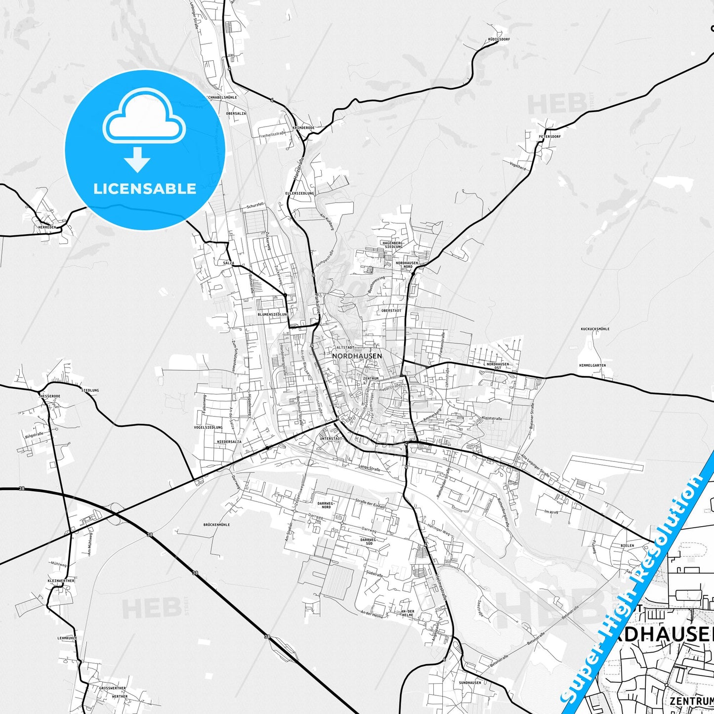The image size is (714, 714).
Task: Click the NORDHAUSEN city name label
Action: tap(357, 356)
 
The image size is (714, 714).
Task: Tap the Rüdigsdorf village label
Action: tap(498, 39)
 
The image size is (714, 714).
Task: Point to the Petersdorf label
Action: tap(550, 136)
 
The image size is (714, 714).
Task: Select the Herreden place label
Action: tap(47, 227)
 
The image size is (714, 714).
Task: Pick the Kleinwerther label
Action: tap(61, 581)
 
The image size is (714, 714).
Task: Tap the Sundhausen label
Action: tap(470, 683)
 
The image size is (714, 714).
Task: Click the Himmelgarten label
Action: tap(592, 366)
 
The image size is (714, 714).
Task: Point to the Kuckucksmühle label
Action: tap(595, 329)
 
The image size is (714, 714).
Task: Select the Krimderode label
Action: tap(303, 127)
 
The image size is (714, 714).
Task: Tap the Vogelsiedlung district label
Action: tap(208, 427)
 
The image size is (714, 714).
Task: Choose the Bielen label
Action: tap(627, 546)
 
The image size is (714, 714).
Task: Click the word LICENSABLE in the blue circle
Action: tap(145, 189)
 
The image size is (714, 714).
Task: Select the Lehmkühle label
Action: tap(67, 638)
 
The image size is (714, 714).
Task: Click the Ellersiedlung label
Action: tap(299, 194)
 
